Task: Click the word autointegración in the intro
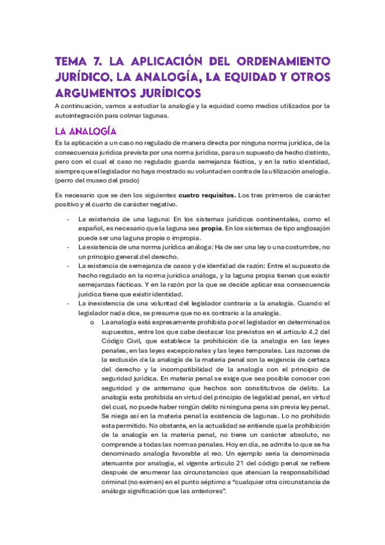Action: (x=83, y=116)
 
